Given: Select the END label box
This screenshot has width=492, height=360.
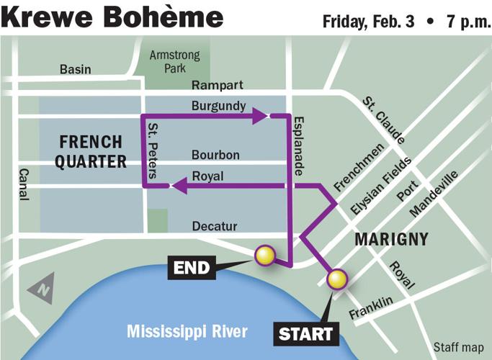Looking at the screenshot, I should coord(192,269).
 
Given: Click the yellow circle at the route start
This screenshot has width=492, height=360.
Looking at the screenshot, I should coord(336,279).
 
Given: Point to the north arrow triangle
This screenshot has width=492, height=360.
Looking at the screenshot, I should coord(42,289).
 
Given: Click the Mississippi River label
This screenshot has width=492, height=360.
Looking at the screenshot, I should coord(187,331).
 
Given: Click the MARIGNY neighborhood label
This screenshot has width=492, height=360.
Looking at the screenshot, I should coord(392,239).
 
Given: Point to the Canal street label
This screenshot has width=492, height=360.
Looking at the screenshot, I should coord(23,185).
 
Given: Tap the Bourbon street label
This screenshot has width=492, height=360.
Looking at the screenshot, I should coord(215,155).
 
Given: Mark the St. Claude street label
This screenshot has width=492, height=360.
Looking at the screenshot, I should coord(383,120).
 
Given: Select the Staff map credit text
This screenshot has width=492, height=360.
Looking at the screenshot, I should coord(458,346).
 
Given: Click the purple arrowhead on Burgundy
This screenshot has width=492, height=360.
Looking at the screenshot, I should coord(260,116).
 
